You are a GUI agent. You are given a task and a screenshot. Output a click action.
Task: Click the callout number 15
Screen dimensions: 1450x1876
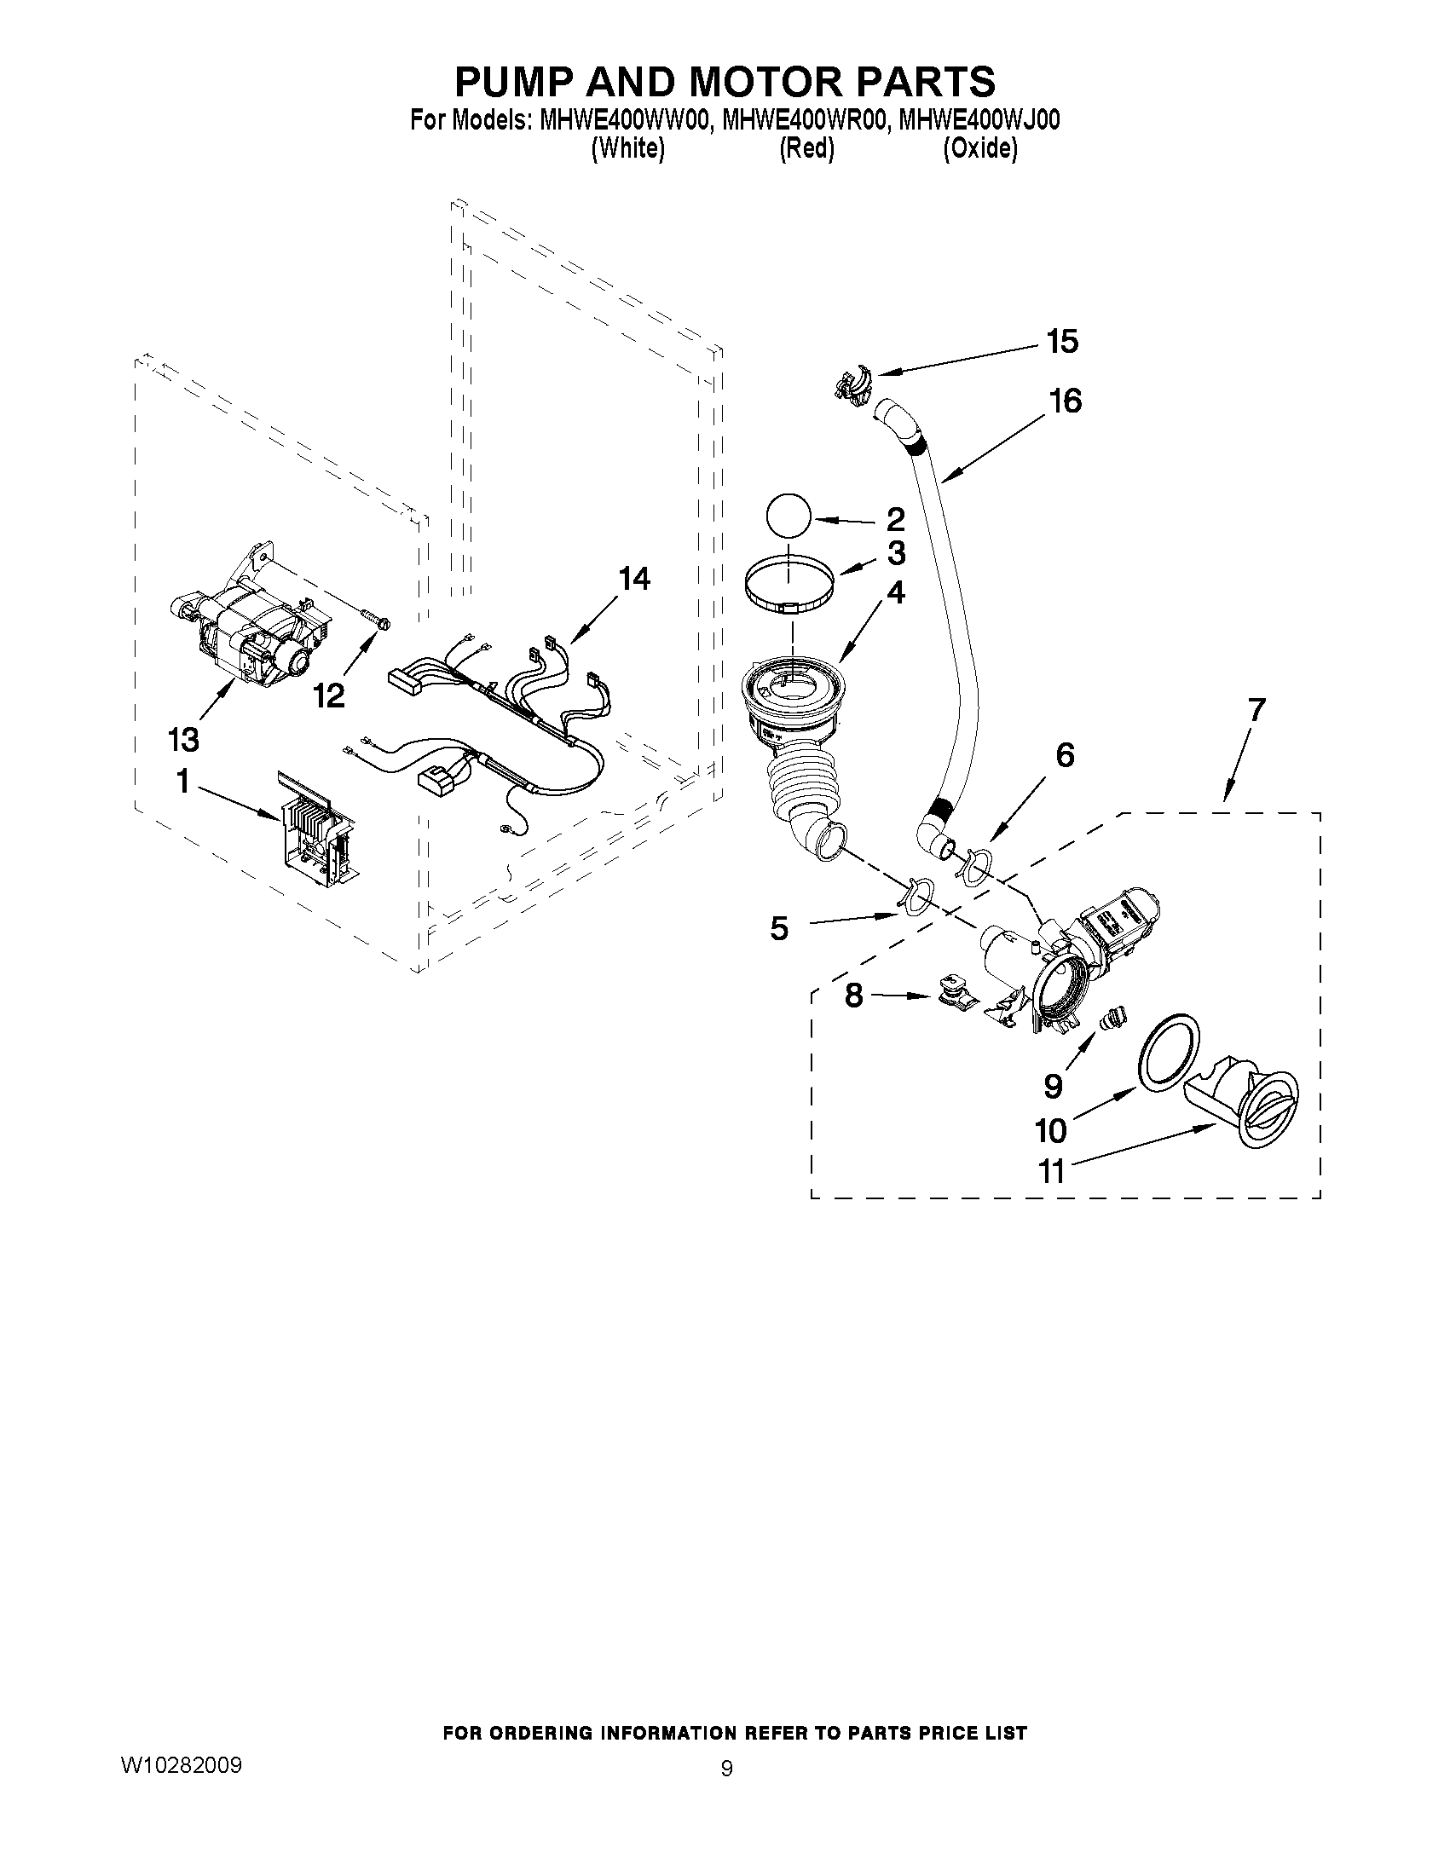[x=1062, y=342]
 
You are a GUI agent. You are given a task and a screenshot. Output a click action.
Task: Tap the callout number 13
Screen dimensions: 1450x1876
[x=183, y=738]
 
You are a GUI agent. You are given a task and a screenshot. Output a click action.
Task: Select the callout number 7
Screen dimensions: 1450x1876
[x=1256, y=709]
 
